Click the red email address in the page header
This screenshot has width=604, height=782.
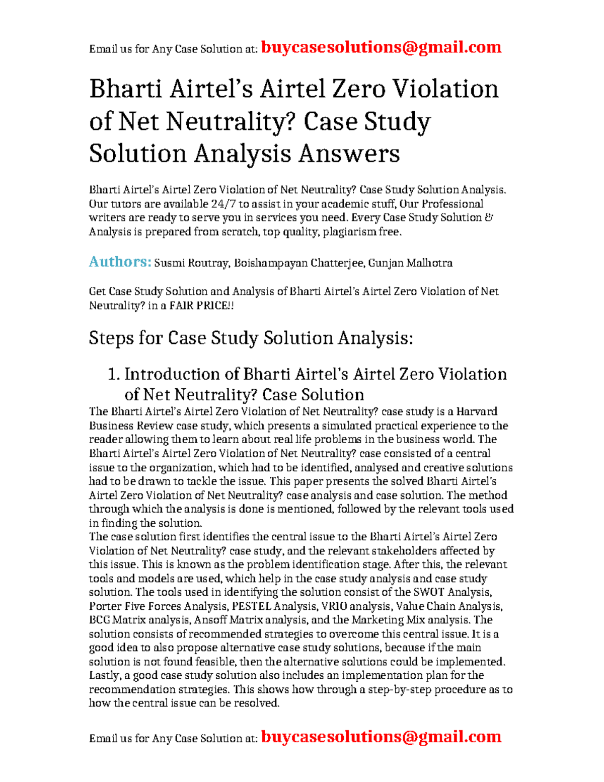tap(381, 47)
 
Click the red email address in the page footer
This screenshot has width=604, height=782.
tap(381, 737)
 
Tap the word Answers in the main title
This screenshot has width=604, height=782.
tap(349, 154)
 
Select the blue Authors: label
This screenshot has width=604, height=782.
tap(120, 262)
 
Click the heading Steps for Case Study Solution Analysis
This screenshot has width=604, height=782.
tap(251, 338)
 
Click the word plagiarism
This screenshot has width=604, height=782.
tap(349, 232)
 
